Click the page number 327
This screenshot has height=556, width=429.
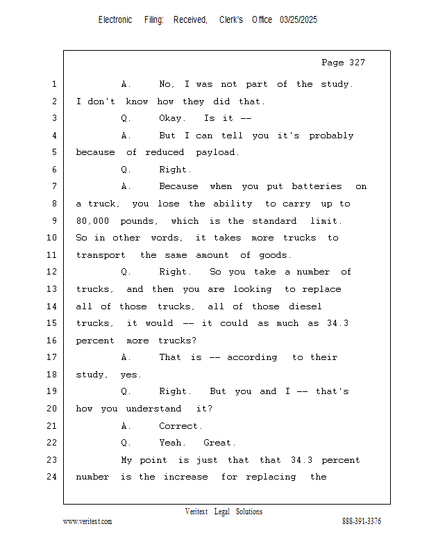357,63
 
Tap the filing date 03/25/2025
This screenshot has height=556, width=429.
298,20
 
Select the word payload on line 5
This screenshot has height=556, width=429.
217,152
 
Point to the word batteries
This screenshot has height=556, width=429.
317,186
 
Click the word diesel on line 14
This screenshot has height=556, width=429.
305,306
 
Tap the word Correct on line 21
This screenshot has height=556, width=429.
180,426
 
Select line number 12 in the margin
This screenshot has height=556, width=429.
52,272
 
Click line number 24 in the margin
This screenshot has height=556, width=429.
52,477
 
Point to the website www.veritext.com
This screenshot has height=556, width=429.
87,521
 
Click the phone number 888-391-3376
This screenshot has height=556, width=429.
362,521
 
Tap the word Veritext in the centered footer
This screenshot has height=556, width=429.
196,512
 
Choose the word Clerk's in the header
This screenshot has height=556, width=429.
231,20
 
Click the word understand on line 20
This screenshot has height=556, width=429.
153,409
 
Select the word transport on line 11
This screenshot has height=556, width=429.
101,255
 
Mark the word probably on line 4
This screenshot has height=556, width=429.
331,136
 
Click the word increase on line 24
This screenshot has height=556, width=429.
185,477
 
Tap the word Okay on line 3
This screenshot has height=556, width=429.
172,118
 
